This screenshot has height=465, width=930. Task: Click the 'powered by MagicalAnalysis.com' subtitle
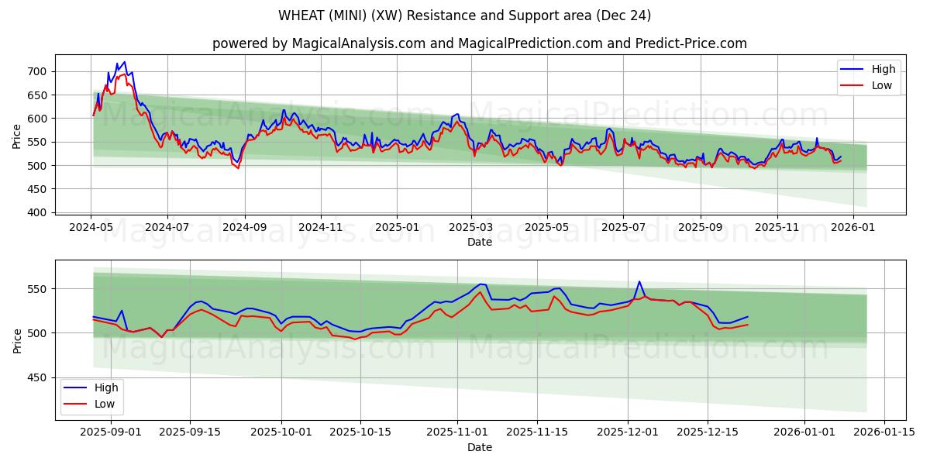tap(480, 43)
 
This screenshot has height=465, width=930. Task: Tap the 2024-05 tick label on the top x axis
tap(91, 228)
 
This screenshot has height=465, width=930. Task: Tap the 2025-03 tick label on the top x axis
tap(471, 228)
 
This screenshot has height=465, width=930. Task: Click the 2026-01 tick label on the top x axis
tap(853, 228)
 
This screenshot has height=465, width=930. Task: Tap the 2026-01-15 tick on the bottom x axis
tap(884, 432)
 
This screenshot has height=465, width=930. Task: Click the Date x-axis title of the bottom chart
tap(480, 447)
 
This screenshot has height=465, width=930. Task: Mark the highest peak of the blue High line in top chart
tap(125, 62)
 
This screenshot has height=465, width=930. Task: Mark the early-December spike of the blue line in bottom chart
tap(639, 281)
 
